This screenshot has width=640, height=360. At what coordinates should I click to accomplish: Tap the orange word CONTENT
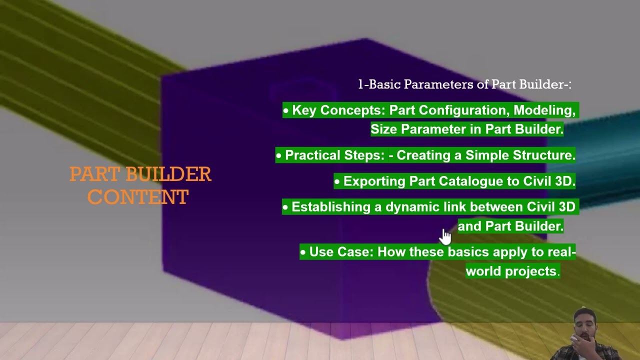[138, 197]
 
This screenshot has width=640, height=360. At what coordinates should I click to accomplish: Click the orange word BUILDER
[168, 174]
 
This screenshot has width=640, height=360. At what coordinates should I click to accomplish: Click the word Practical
[312, 155]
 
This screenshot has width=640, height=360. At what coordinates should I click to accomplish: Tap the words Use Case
[341, 252]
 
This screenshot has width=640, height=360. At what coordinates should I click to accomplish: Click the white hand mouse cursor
[446, 236]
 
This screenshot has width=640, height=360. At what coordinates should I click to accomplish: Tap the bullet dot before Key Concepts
[286, 110]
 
